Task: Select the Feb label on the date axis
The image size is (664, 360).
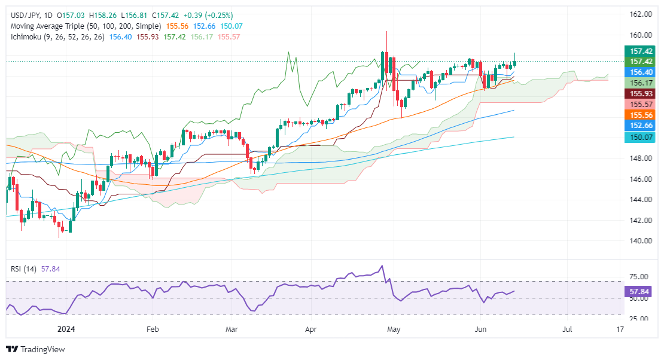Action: pyautogui.click(x=153, y=329)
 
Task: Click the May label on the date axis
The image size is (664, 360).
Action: pyautogui.click(x=393, y=329)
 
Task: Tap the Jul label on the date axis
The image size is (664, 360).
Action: pyautogui.click(x=568, y=329)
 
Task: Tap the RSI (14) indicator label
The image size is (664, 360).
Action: pyautogui.click(x=20, y=269)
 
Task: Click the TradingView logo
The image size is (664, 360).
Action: pyautogui.click(x=35, y=349)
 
